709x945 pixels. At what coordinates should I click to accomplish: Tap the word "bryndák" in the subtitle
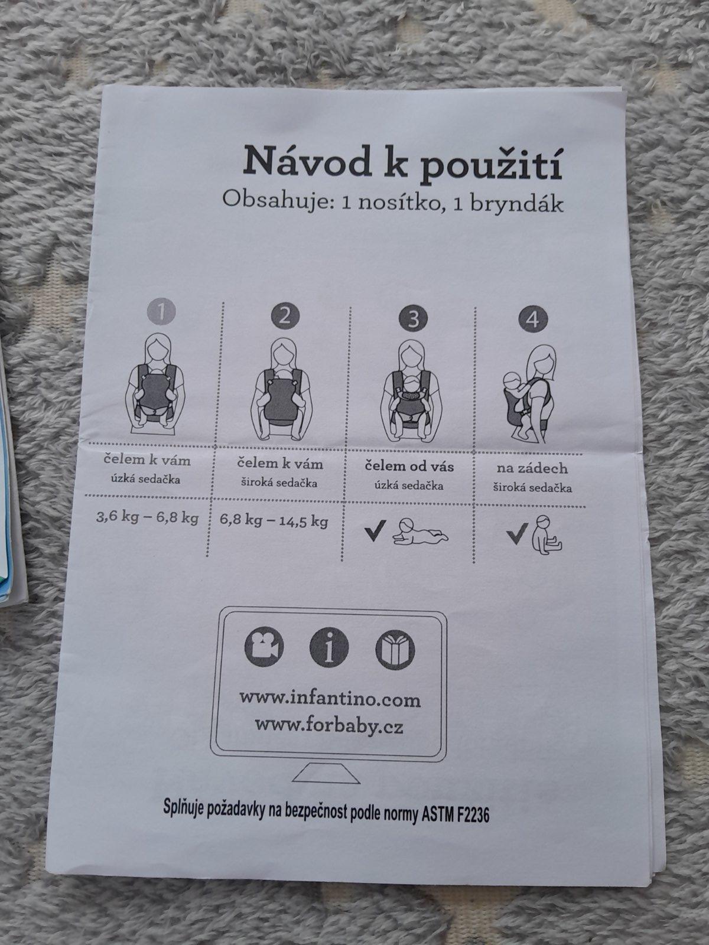516,203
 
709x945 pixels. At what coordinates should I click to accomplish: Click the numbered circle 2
285,315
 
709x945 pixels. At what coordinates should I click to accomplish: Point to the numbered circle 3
413,318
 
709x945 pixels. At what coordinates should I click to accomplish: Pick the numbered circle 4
534,320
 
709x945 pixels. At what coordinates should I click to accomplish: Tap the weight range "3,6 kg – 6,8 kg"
147,517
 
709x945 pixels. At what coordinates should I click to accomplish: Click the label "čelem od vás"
409,466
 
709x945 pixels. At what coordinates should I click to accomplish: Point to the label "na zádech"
532,468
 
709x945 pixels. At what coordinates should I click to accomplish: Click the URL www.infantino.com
330,698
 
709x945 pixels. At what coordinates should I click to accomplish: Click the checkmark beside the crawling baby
375,531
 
